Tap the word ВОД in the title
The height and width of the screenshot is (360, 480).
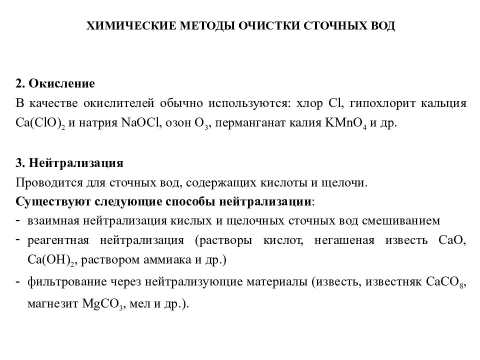[x=381, y=26]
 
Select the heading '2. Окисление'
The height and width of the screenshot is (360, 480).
[x=55, y=83]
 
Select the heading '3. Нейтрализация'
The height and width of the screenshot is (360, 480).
[x=69, y=163]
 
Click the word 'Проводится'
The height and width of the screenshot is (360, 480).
[x=43, y=182]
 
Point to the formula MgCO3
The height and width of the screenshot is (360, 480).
[x=103, y=304]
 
